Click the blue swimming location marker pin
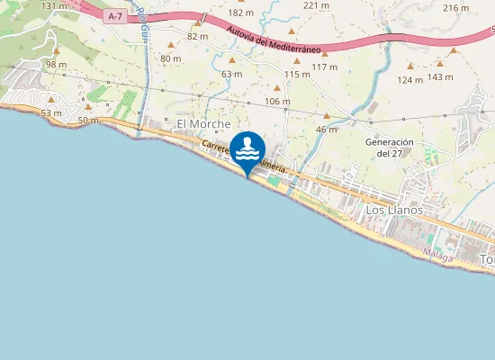[247, 150]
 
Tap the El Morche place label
[203, 123]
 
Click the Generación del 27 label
[389, 148]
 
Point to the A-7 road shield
[113, 16]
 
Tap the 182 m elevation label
[240, 13]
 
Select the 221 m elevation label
[317, 5]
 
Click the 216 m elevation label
[456, 8]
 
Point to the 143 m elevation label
[440, 76]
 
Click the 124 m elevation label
[410, 80]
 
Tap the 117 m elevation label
[324, 67]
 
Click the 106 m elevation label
[278, 101]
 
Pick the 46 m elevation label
[327, 130]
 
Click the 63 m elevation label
[231, 74]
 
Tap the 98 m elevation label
[57, 65]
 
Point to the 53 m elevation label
[51, 112]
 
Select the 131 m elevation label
[54, 6]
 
